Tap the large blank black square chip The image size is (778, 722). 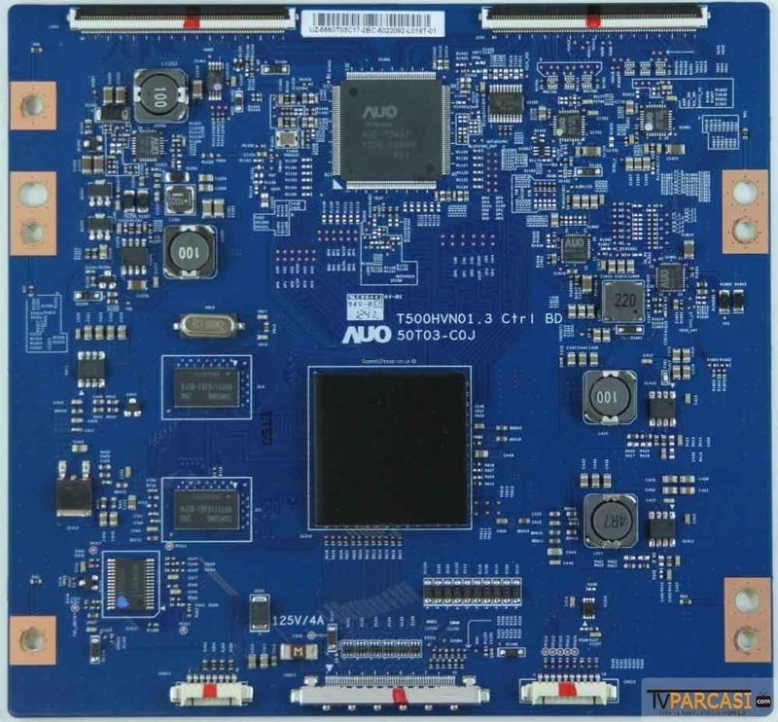[x=390, y=449]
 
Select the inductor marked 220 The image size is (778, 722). [x=622, y=302]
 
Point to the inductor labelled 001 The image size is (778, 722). [x=610, y=396]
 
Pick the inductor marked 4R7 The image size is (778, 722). [x=610, y=520]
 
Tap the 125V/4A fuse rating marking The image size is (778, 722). [x=300, y=619]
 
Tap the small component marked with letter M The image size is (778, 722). [x=288, y=650]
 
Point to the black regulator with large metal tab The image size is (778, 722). [x=74, y=494]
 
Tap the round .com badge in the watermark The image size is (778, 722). [x=763, y=700]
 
